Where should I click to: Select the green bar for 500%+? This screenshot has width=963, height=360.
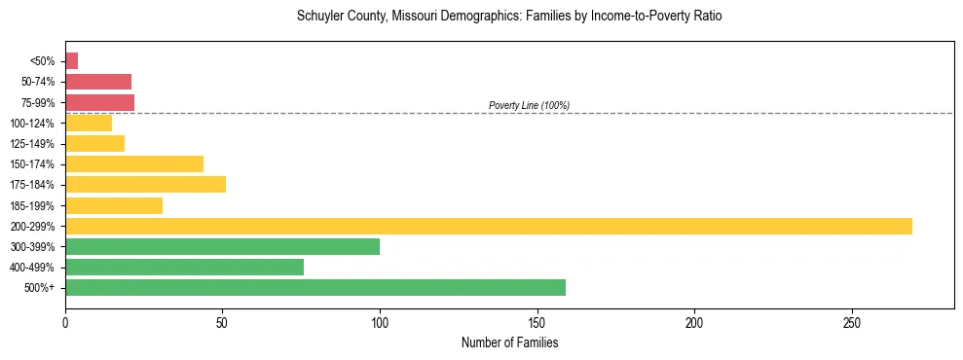[x=315, y=287]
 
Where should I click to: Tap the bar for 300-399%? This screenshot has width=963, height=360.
[x=222, y=246]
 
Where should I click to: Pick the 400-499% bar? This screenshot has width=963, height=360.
[x=184, y=267]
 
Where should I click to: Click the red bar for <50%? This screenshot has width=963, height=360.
[x=71, y=60]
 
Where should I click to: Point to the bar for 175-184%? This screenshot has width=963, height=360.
[x=145, y=184]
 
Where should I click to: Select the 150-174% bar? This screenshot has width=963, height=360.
[x=134, y=163]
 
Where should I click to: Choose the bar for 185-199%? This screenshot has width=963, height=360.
[x=114, y=205]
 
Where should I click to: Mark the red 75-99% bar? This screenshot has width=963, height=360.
[x=99, y=102]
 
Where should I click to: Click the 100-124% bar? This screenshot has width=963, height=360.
[x=89, y=123]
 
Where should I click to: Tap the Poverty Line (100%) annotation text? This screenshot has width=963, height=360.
[x=529, y=105]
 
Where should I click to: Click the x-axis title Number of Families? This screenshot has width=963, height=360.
[x=509, y=342]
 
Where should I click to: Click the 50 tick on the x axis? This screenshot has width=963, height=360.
[x=222, y=322]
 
